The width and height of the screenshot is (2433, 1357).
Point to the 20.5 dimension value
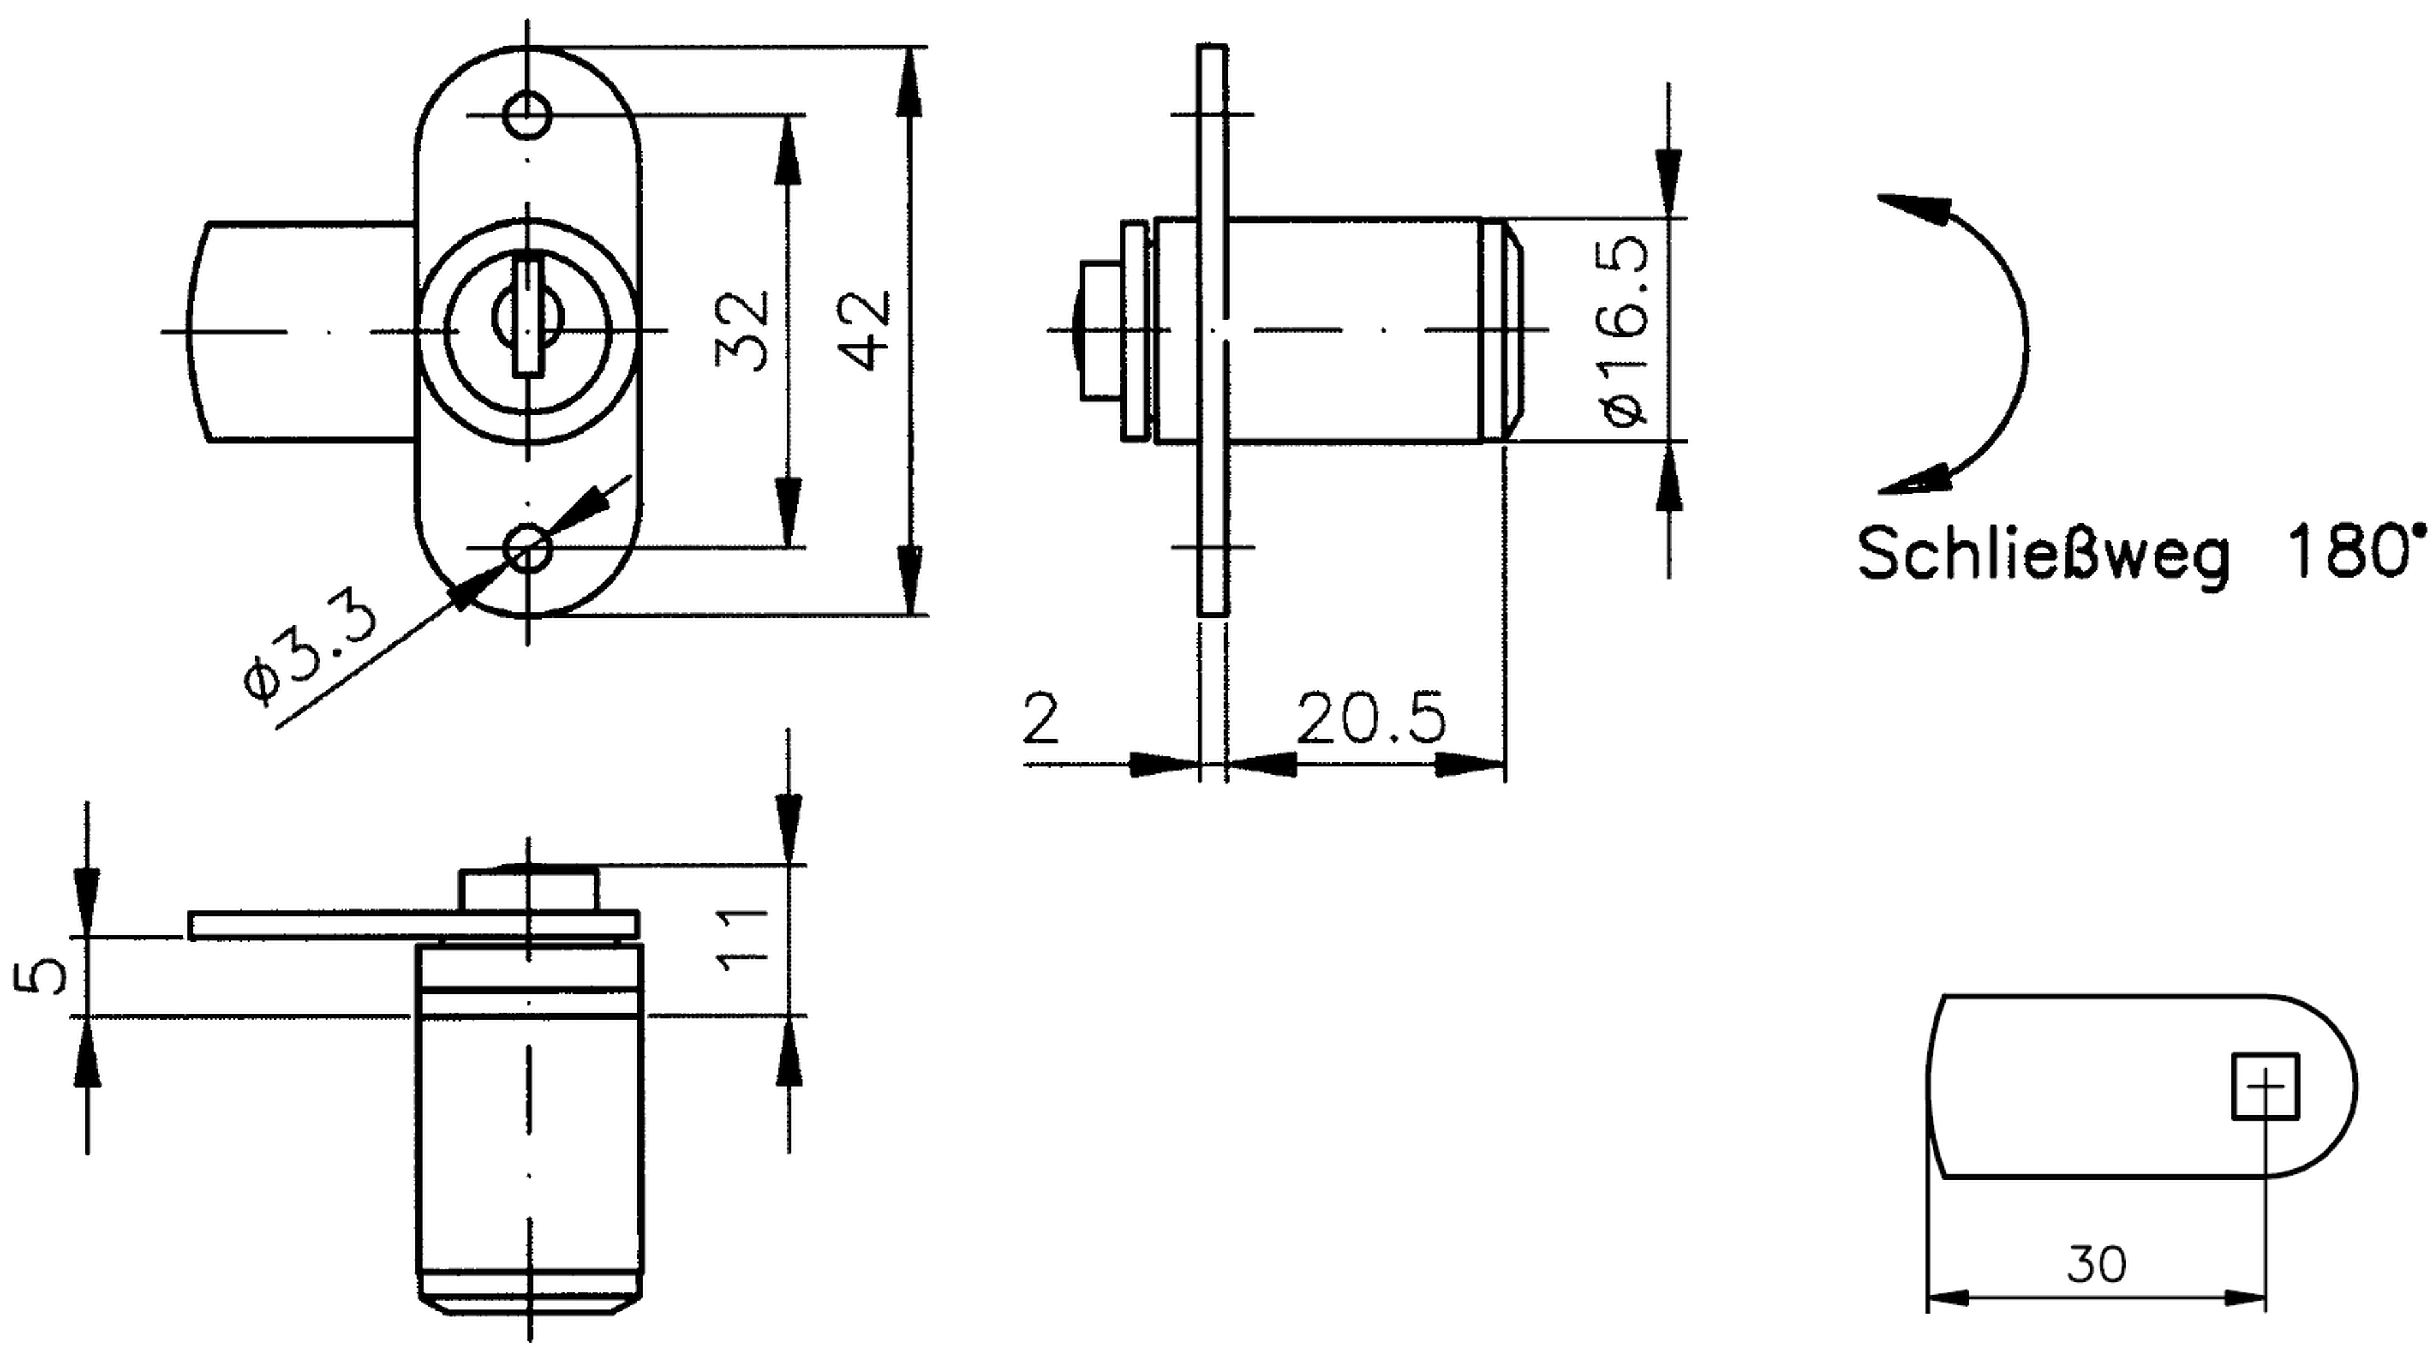point(1370,718)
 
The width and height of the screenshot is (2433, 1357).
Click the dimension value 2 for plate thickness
point(1041,718)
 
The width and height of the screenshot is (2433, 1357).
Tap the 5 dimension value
point(40,975)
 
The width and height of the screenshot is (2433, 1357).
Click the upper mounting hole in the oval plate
point(528,115)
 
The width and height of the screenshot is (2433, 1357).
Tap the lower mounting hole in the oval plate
point(528,547)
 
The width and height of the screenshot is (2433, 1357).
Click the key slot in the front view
point(528,317)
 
